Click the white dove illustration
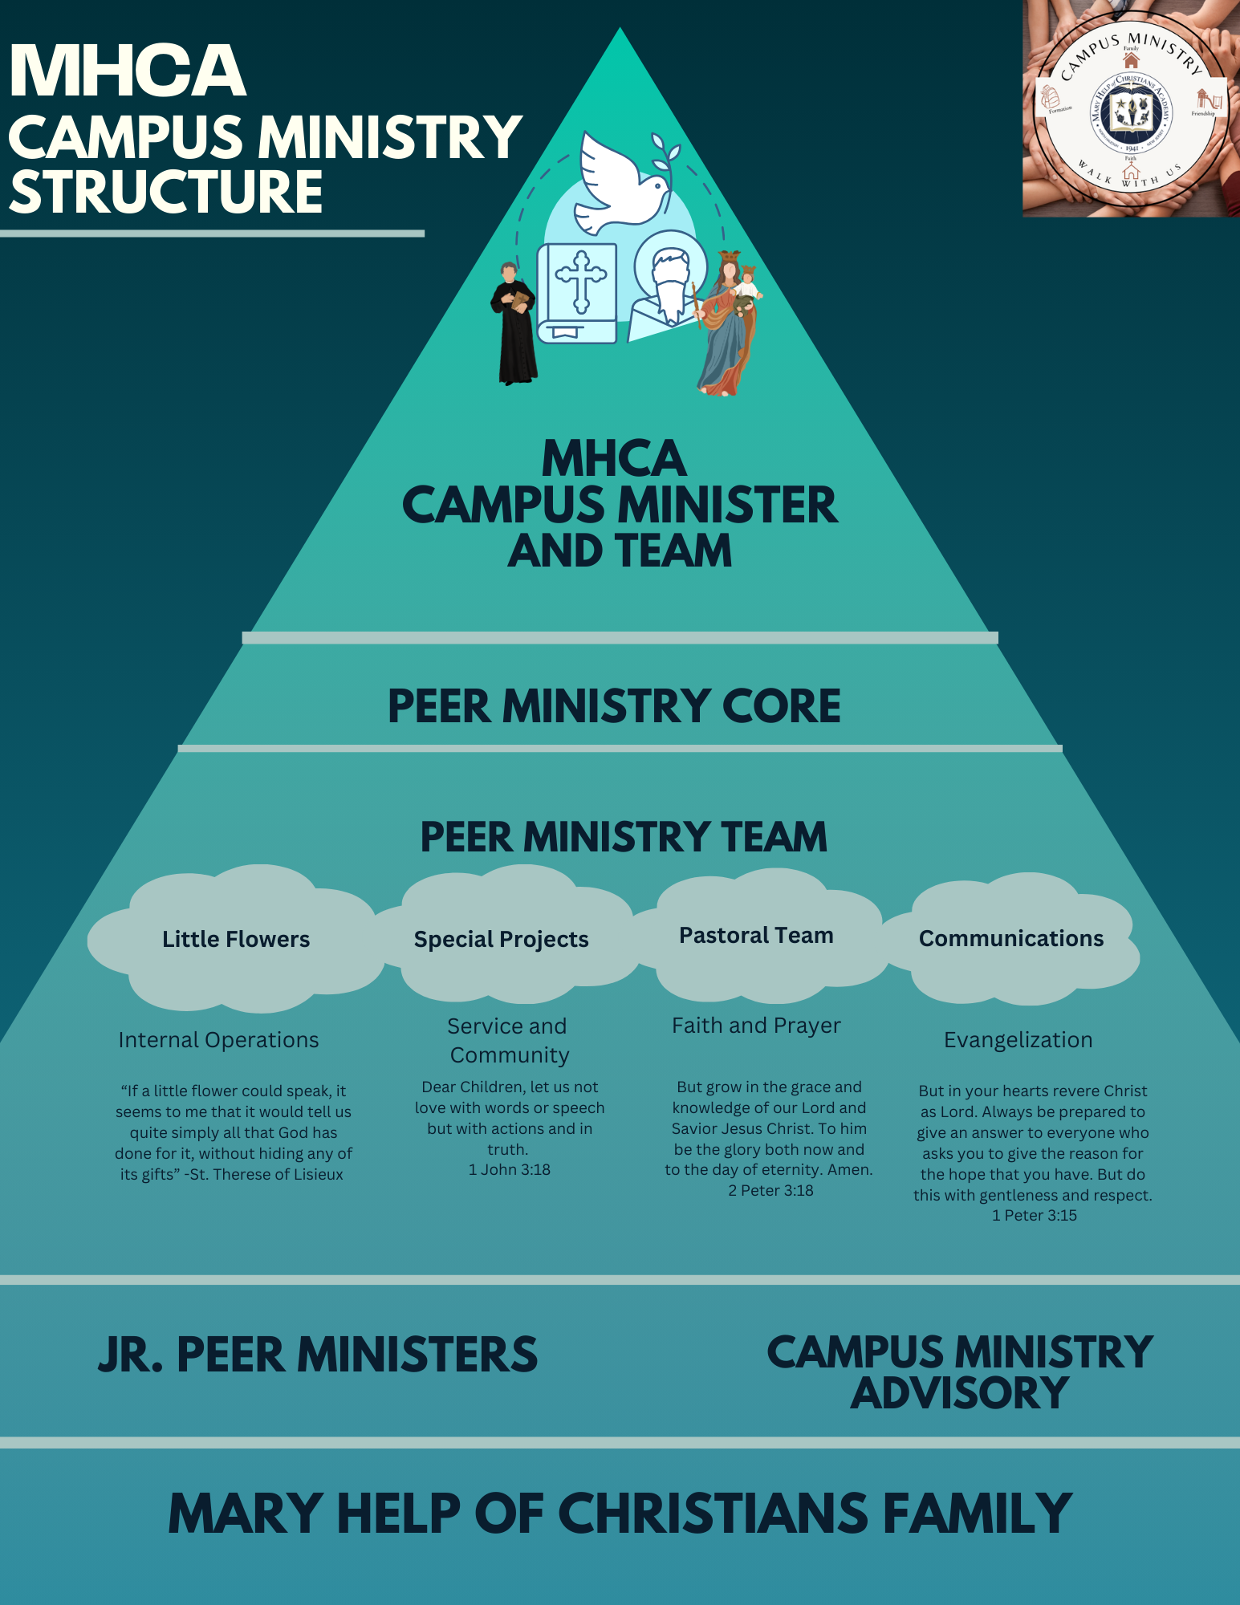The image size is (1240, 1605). [x=619, y=185]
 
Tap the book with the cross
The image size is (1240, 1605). [x=577, y=293]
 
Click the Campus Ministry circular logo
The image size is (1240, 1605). [x=1130, y=109]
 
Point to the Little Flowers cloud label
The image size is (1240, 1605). [x=236, y=939]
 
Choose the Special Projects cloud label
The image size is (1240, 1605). [x=502, y=939]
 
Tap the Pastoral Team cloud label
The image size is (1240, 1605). [x=756, y=936]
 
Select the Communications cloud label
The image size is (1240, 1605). [x=1011, y=938]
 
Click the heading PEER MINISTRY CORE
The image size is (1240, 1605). [x=614, y=706]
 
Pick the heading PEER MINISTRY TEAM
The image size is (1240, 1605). [x=624, y=837]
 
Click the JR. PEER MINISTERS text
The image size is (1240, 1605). [x=318, y=1355]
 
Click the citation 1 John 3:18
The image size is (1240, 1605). [x=510, y=1170]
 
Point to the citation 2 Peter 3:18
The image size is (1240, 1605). [x=770, y=1191]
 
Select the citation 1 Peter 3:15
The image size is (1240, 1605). [x=1035, y=1216]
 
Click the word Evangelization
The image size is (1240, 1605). [x=1018, y=1040]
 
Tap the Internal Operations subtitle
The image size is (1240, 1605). [x=218, y=1040]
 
